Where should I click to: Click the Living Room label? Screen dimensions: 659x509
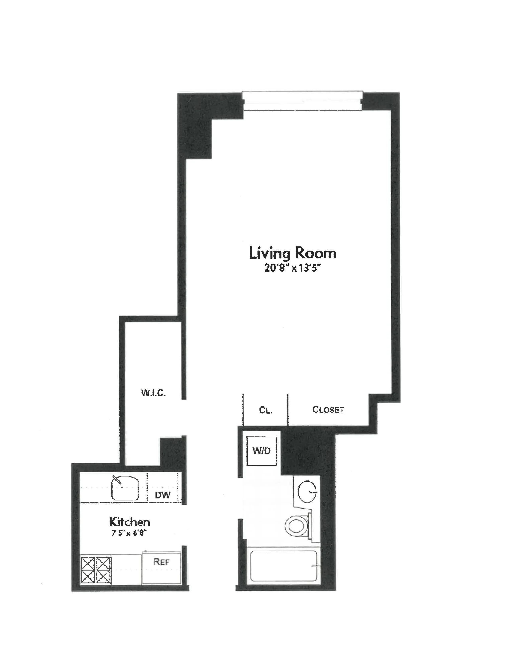292,253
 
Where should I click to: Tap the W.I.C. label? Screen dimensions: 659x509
153,393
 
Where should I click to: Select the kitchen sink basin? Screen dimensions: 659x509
125,488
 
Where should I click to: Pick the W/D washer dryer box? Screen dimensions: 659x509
261,451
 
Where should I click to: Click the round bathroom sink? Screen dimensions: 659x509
307,491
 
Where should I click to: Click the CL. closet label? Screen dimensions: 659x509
265,410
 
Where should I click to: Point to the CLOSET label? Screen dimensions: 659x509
328,410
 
